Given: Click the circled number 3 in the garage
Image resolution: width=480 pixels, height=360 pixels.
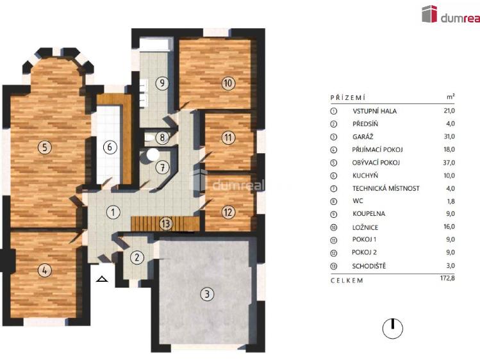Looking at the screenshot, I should coord(206,294).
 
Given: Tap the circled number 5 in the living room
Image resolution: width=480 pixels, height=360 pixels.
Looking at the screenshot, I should coord(44,147).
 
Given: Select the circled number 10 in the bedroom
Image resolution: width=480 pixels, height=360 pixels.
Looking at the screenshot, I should coord(228,83).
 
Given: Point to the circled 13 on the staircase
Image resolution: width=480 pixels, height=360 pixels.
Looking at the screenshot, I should coord(166,224).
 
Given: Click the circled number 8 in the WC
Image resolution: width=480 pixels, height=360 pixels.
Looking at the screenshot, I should coord(163,137).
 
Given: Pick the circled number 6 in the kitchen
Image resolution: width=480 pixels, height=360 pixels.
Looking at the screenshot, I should coord(110,147).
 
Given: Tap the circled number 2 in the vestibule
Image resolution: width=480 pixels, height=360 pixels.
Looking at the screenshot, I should coord(136,258).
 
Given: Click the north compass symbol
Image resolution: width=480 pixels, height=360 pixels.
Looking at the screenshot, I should coord(392,329).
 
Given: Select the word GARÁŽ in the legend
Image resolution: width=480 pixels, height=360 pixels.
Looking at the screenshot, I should coord(363,136).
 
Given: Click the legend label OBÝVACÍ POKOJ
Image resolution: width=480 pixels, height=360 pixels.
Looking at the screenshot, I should coord(376,162).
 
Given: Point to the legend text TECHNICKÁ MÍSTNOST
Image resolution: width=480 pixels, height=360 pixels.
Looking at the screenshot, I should coord(386,188).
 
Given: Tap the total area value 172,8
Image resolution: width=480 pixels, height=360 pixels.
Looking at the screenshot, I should coord(446,279).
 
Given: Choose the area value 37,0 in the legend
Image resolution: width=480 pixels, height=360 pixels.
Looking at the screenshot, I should coord(449,162).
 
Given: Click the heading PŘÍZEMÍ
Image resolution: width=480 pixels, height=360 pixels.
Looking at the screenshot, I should coord(347,97).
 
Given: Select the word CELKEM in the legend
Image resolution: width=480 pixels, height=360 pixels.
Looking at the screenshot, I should coord(347,280).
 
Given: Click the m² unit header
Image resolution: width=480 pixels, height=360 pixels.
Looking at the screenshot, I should coord(451,97).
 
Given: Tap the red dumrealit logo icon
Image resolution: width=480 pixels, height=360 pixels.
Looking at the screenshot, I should coord(429,14).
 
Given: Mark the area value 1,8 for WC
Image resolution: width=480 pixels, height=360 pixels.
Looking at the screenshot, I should coord(450,201).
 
